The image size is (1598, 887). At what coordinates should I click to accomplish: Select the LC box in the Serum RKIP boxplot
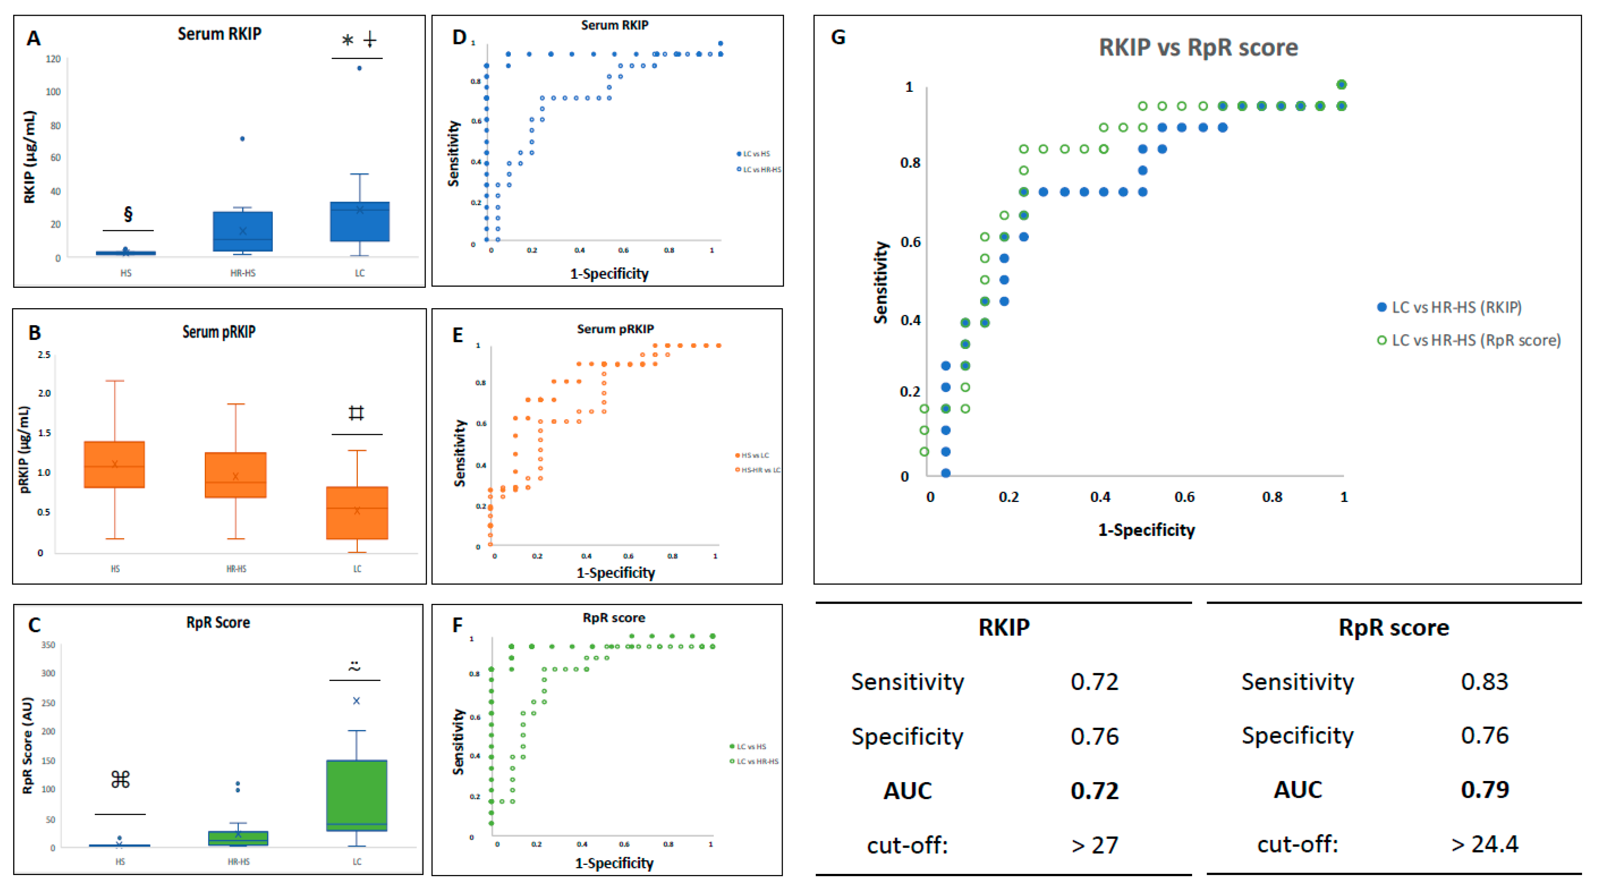pyautogui.click(x=360, y=221)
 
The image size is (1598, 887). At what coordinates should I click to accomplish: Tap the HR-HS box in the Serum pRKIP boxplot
pyautogui.click(x=236, y=475)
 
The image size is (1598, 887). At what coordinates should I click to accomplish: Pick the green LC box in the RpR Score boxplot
pyautogui.click(x=357, y=795)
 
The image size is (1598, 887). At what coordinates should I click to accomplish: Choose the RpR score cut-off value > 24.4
pyautogui.click(x=1484, y=844)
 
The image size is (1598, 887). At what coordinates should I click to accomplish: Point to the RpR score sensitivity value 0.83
pyautogui.click(x=1484, y=682)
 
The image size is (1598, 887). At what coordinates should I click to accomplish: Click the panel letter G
pyautogui.click(x=838, y=37)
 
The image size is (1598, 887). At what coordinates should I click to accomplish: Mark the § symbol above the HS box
pyautogui.click(x=128, y=214)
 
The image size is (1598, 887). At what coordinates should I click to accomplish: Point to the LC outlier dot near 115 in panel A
pyautogui.click(x=359, y=68)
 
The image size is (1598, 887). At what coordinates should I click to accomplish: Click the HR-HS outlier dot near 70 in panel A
pyautogui.click(x=243, y=139)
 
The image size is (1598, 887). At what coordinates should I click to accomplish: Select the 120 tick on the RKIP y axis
pyautogui.click(x=53, y=59)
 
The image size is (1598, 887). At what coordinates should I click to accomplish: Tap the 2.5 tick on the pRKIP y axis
pyautogui.click(x=44, y=355)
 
